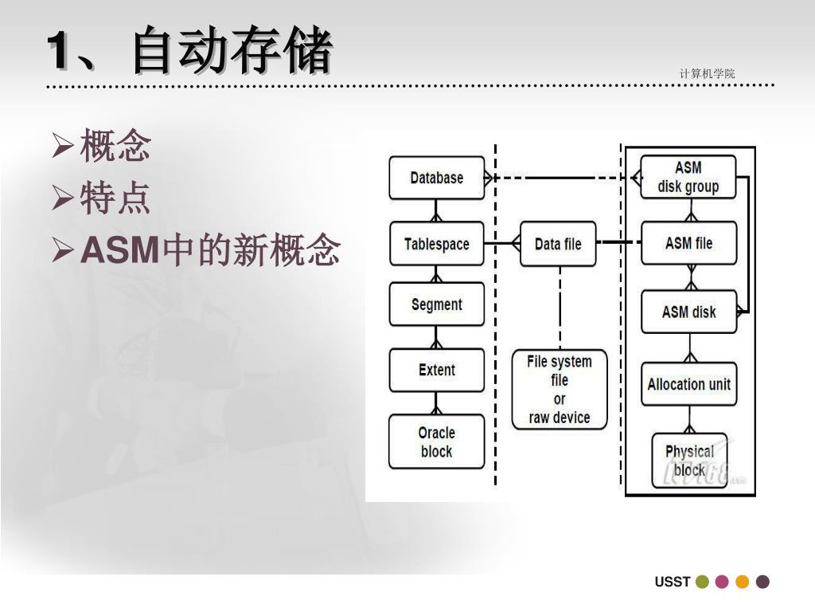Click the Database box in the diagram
[x=436, y=178]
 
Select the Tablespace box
[x=436, y=244]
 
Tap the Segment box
[x=436, y=304]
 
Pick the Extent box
[x=436, y=370]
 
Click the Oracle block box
[x=436, y=442]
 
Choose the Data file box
[x=558, y=244]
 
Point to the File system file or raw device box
[x=560, y=390]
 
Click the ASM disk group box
[x=688, y=178]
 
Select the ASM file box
[x=688, y=244]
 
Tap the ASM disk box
[x=688, y=312]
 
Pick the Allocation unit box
[x=688, y=384]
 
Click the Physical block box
[x=689, y=461]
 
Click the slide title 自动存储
[x=232, y=51]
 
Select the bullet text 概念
[x=115, y=147]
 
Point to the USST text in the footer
[x=672, y=582]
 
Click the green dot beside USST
[x=702, y=582]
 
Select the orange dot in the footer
[x=743, y=582]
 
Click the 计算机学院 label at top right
[x=707, y=74]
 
